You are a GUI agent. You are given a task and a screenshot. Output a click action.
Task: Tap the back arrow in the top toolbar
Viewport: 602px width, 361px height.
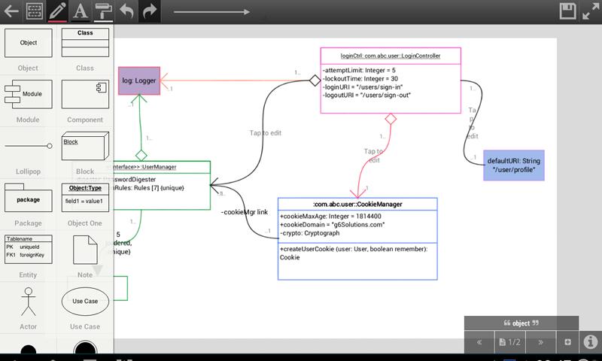[11, 11]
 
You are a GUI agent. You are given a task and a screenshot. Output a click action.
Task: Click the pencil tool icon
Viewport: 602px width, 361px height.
[56, 11]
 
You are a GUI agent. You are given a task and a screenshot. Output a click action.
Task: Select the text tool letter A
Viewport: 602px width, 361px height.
[80, 11]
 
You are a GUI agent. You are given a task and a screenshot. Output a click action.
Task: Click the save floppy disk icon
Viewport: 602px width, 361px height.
[568, 11]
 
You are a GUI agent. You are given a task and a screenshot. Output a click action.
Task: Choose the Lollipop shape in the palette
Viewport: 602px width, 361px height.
[29, 146]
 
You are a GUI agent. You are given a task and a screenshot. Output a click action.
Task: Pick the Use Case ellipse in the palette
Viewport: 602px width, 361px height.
[85, 301]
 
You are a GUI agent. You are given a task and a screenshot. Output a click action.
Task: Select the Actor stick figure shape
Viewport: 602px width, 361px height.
[29, 302]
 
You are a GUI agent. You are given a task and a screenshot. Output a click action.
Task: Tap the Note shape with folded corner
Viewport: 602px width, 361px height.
[85, 250]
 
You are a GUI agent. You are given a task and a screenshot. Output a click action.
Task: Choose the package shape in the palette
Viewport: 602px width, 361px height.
[29, 199]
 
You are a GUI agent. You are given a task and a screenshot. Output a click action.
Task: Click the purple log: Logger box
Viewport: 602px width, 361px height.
[138, 80]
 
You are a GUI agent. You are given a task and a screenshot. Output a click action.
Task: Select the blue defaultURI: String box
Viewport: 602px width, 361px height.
[513, 165]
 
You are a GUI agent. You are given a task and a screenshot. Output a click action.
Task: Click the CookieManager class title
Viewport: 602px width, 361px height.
[357, 204]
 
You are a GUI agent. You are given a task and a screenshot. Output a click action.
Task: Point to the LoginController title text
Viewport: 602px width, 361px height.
[391, 56]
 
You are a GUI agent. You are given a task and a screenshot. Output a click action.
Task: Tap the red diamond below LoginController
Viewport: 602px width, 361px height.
[391, 119]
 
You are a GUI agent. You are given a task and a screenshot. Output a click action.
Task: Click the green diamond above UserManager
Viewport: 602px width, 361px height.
[141, 155]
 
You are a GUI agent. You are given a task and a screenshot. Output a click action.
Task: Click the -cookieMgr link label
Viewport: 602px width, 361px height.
[245, 212]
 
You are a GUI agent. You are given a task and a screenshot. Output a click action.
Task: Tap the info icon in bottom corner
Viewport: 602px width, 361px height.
[591, 342]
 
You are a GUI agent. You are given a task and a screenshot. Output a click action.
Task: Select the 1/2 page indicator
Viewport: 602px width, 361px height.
[509, 342]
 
